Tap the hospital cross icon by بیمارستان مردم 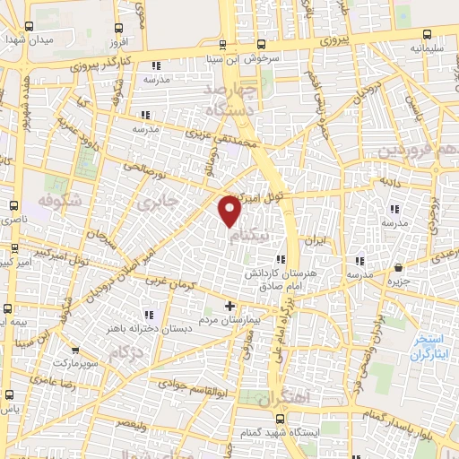[230, 306]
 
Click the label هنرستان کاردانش [266, 271]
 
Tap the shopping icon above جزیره [399, 266]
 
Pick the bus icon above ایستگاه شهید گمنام [280, 419]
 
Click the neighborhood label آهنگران [289, 397]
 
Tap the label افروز [117, 43]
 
